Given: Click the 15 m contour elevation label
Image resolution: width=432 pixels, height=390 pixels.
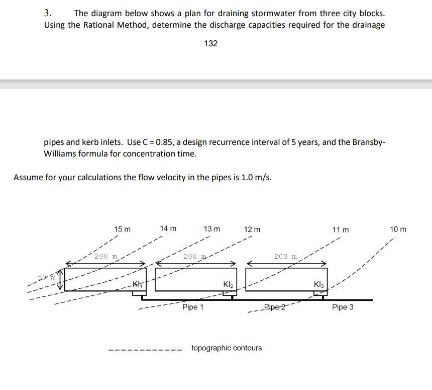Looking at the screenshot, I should pyautogui.click(x=122, y=229).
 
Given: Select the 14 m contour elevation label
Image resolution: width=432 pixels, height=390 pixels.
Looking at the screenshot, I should pyautogui.click(x=168, y=228).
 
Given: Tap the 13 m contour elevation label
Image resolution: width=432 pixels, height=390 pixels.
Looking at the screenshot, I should pyautogui.click(x=211, y=229).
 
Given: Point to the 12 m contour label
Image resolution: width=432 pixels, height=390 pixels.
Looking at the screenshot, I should pyautogui.click(x=252, y=229).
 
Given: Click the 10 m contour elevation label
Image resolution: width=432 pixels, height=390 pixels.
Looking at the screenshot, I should pyautogui.click(x=398, y=229).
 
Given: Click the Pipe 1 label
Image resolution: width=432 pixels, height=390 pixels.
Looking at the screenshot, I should pyautogui.click(x=193, y=307).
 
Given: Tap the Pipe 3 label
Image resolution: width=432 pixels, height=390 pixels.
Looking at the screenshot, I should pyautogui.click(x=343, y=307).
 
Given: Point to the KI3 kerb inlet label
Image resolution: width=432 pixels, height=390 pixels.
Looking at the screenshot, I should pyautogui.click(x=319, y=285).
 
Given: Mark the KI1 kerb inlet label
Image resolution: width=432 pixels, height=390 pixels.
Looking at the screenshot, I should pyautogui.click(x=137, y=285).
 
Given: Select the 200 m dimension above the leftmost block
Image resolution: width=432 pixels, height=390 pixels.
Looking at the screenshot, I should pyautogui.click(x=106, y=256).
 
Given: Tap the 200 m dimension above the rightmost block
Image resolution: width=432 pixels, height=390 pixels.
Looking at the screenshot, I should pyautogui.click(x=285, y=256).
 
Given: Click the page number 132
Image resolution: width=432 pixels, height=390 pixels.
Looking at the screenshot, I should pyautogui.click(x=211, y=44).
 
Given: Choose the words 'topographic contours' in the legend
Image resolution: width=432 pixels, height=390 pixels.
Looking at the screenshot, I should pyautogui.click(x=227, y=348).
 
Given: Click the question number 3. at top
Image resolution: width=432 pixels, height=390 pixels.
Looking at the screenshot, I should pyautogui.click(x=49, y=14).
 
